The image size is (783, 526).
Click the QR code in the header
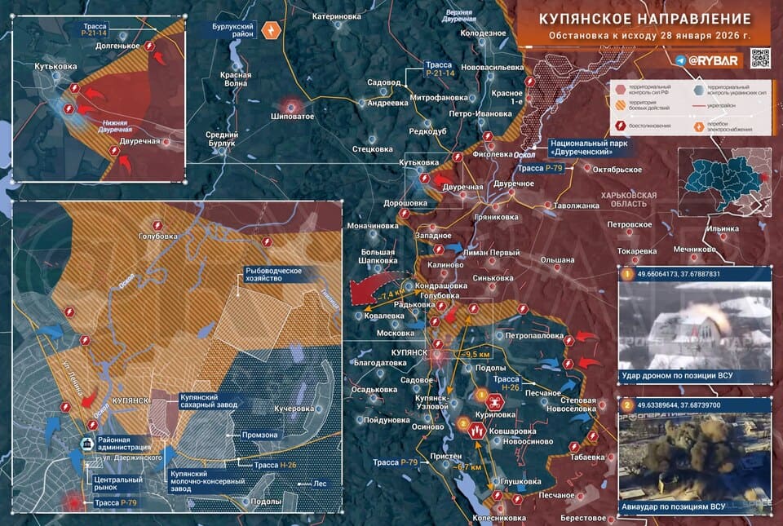click(759, 58)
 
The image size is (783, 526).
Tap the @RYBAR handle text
click(713, 60)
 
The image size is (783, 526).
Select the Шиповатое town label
click(292, 117)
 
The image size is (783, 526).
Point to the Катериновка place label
click(337, 15)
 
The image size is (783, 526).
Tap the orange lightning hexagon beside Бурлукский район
click(272, 31)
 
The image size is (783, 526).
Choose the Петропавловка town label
click(534, 335)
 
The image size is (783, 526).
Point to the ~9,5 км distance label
click(474, 354)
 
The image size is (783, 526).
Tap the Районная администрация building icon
click(86, 444)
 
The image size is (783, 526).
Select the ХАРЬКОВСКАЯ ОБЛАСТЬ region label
click(628, 201)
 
